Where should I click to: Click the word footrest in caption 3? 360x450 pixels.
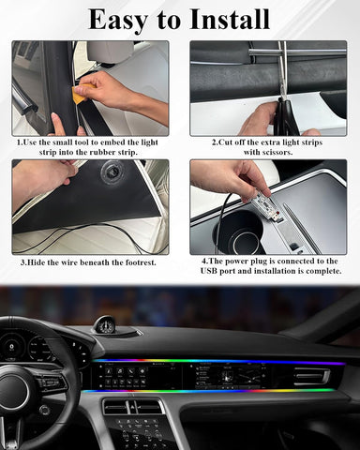(x=129, y=262)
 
